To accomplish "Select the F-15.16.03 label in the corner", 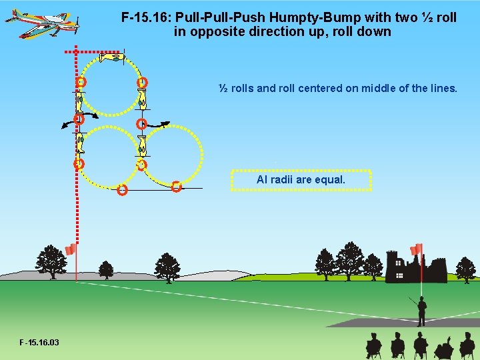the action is [x=39, y=343].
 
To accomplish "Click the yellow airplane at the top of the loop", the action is [x=111, y=58].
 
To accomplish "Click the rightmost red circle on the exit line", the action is [x=176, y=187].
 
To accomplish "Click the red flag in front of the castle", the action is [x=417, y=249].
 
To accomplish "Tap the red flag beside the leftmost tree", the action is [x=71, y=250].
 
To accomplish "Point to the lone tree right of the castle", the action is [x=465, y=269].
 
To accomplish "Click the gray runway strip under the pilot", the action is [x=400, y=322].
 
